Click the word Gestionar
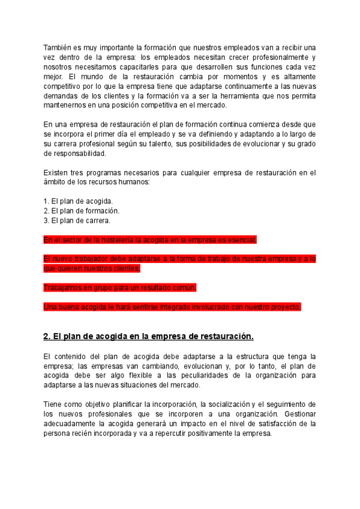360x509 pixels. pos(297,414)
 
